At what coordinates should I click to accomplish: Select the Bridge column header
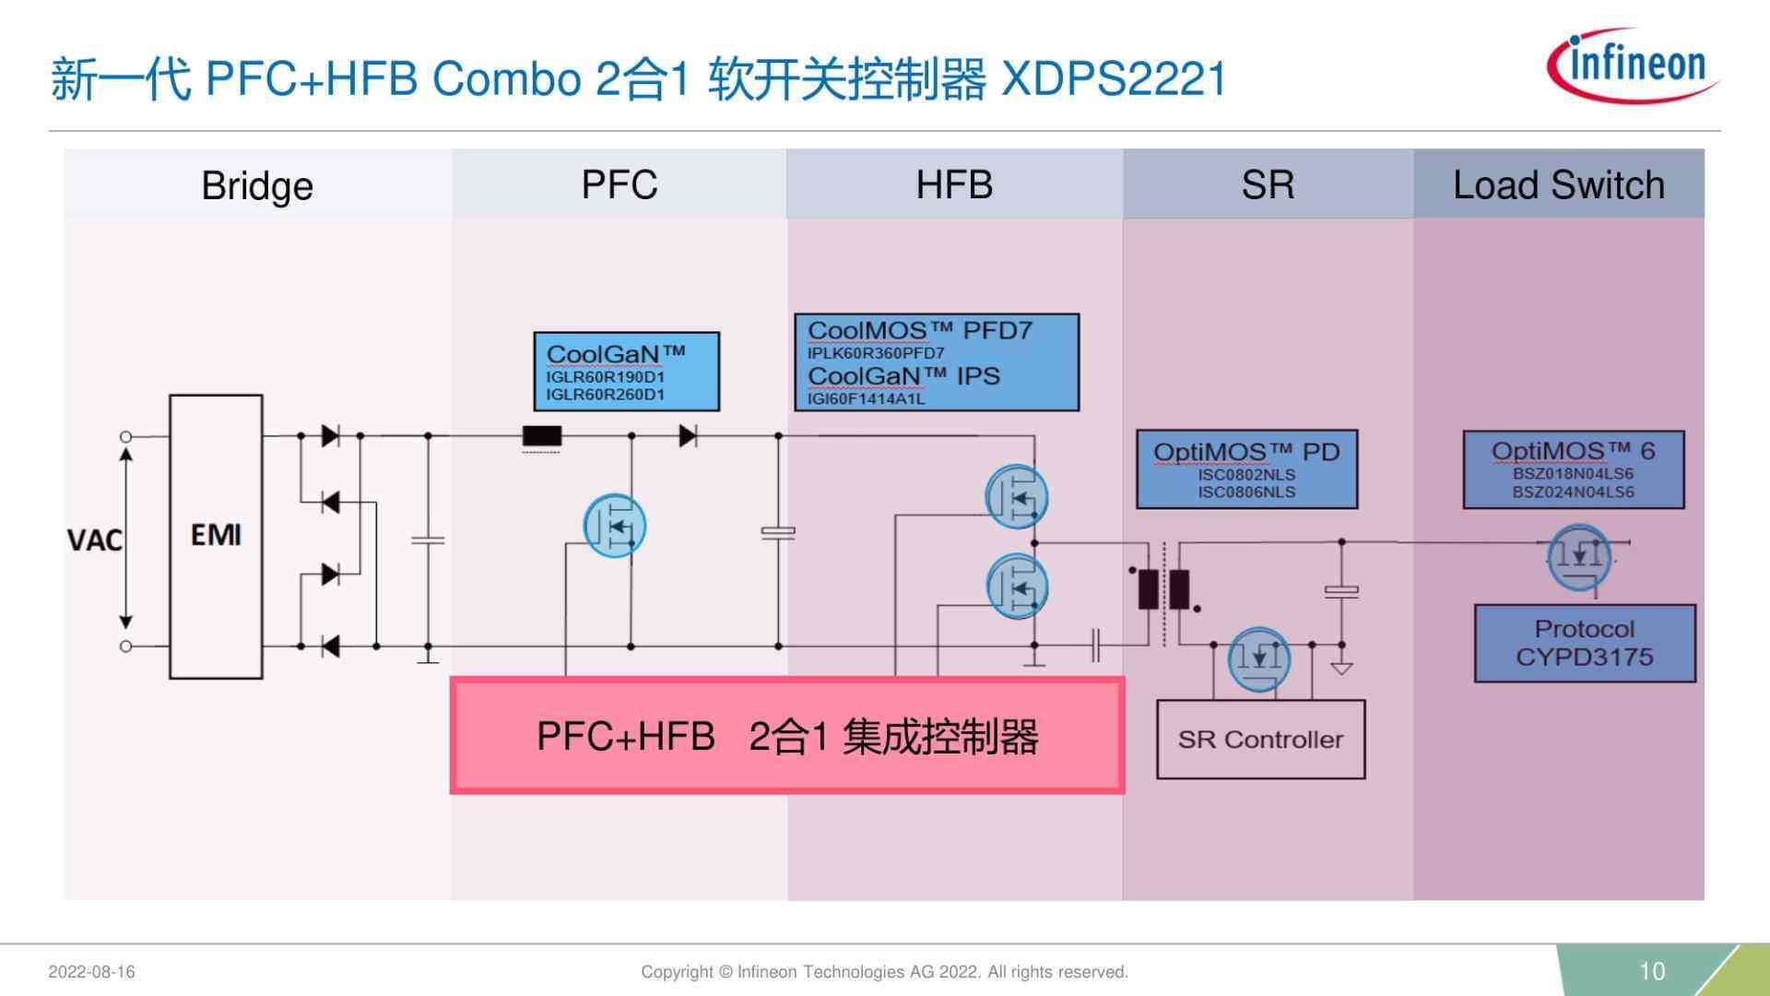tap(257, 185)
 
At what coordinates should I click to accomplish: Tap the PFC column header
tap(619, 184)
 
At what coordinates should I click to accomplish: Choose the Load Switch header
tap(1558, 185)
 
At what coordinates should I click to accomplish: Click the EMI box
tap(216, 536)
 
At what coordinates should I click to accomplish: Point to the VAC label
tap(94, 539)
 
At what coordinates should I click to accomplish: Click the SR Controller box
tap(1260, 740)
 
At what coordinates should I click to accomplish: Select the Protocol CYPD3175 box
tap(1584, 643)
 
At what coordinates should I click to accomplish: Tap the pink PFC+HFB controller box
tap(786, 736)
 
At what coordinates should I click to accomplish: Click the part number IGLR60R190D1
tap(605, 377)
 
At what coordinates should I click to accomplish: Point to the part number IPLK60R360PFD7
tap(876, 353)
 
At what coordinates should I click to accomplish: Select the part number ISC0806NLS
tap(1246, 492)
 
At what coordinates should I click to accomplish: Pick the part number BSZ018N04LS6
tap(1573, 474)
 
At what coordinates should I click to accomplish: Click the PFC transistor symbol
tap(615, 526)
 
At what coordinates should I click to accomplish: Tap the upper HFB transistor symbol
tap(1016, 497)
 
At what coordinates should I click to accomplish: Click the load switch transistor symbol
tap(1579, 557)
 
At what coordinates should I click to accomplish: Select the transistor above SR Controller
tap(1258, 658)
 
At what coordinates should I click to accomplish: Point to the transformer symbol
tap(1163, 589)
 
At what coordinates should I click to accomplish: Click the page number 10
tap(1651, 971)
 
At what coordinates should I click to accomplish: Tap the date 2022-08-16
tap(91, 972)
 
